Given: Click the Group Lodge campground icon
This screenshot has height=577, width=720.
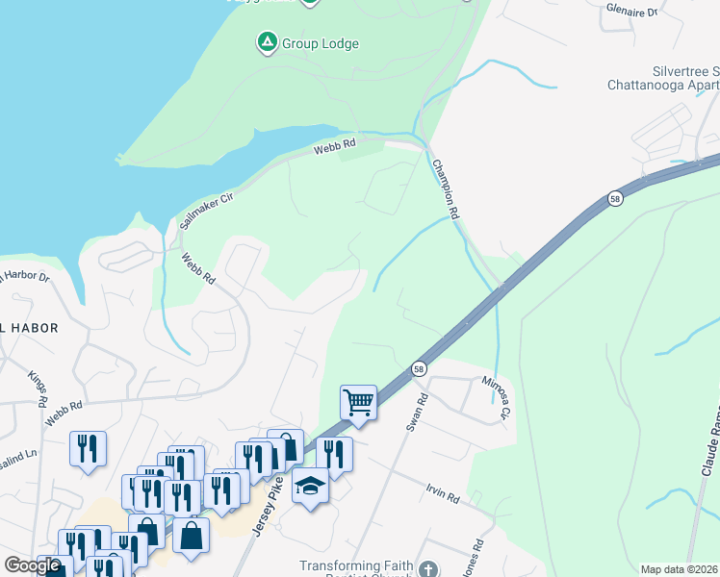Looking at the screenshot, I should [x=266, y=42].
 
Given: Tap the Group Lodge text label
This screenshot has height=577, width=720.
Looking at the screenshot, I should [x=320, y=43].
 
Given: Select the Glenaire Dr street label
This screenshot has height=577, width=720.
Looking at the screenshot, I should [x=659, y=12].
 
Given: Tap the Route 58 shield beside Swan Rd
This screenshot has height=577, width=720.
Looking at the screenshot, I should [x=419, y=368].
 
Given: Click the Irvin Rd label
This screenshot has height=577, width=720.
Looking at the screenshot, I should [x=442, y=494].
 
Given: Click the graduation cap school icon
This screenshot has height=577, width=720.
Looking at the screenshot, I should [x=310, y=487].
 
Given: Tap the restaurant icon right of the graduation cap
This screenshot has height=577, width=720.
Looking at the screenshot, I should [x=334, y=453].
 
